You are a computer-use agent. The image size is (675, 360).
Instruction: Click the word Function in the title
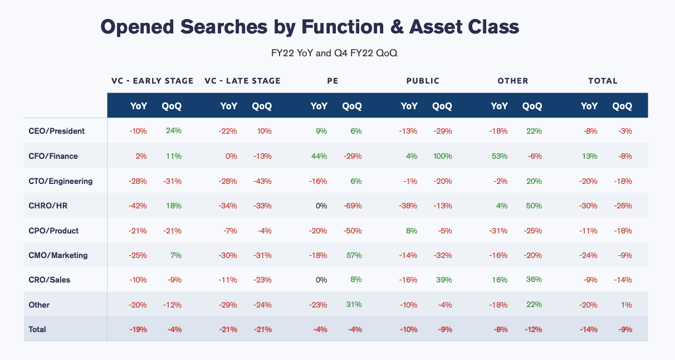(343, 27)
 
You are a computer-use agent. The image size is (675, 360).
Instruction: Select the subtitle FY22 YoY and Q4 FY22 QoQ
(334, 53)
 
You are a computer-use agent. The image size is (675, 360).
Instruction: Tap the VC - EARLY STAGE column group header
(152, 81)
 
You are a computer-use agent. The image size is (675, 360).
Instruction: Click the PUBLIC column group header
(423, 81)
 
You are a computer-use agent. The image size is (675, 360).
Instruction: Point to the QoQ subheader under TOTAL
(622, 106)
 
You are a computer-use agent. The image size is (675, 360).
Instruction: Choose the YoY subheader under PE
(319, 106)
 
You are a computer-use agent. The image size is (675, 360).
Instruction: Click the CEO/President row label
(57, 131)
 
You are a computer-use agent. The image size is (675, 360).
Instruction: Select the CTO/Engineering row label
(61, 181)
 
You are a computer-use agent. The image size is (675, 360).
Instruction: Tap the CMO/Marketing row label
(58, 255)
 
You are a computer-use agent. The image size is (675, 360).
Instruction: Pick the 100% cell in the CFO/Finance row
(442, 156)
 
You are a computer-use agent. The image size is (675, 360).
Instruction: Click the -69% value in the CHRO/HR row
(353, 206)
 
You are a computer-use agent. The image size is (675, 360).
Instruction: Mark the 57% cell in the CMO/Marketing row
(354, 255)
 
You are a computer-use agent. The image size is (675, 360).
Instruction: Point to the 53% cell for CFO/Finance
(500, 156)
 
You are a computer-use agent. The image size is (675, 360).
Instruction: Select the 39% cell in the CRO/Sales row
(444, 280)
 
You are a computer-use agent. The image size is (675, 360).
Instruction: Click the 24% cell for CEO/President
(174, 130)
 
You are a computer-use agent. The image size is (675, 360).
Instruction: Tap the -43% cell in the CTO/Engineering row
(262, 181)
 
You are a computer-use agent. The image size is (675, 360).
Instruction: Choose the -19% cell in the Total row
(138, 329)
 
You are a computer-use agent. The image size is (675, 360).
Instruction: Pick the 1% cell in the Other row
(627, 305)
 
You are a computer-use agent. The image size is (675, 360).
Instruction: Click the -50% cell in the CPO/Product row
(353, 231)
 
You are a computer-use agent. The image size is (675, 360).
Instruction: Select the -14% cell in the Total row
(589, 329)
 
